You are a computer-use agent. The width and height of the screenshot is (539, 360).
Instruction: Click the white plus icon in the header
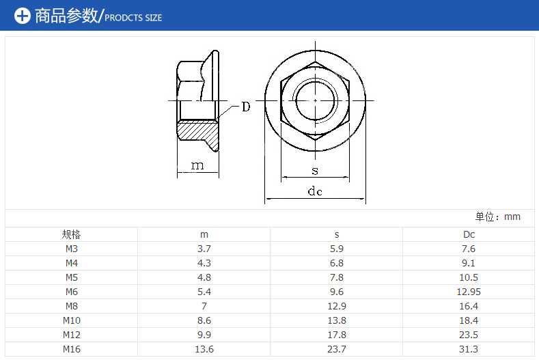click(x=23, y=16)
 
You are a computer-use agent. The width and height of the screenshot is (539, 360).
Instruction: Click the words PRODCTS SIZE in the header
click(x=133, y=18)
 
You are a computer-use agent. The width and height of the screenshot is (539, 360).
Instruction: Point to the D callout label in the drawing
click(x=246, y=107)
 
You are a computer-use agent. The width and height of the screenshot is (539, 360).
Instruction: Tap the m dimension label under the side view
click(x=197, y=166)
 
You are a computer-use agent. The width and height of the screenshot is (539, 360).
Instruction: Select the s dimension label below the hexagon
click(x=315, y=171)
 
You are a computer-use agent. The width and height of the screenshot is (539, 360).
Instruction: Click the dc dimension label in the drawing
click(x=315, y=191)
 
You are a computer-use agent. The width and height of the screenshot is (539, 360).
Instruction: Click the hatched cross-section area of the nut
click(x=197, y=133)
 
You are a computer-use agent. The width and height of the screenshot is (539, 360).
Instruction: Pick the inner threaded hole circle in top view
click(x=315, y=100)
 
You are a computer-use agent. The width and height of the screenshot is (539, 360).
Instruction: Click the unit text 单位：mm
click(x=498, y=217)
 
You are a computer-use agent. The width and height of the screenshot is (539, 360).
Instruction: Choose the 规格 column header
click(x=71, y=234)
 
